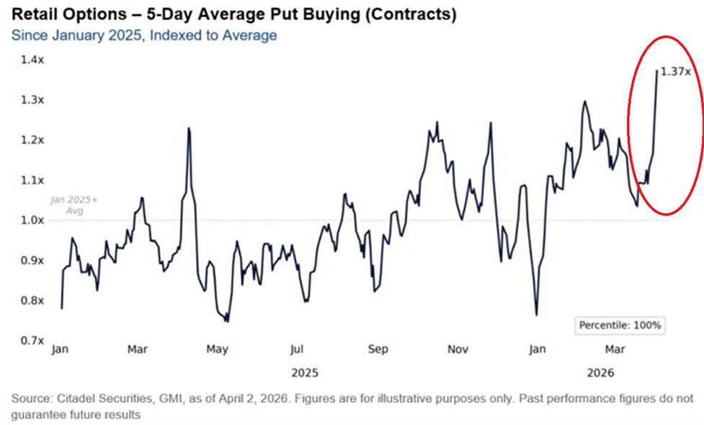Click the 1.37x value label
pos(675,71)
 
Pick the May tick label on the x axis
pos(217,350)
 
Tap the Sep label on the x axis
pos(378,350)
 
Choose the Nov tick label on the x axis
pos(458,350)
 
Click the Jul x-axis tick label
pos(296,350)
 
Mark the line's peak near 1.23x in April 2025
pos(189,128)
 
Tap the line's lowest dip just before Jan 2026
pos(536,315)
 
